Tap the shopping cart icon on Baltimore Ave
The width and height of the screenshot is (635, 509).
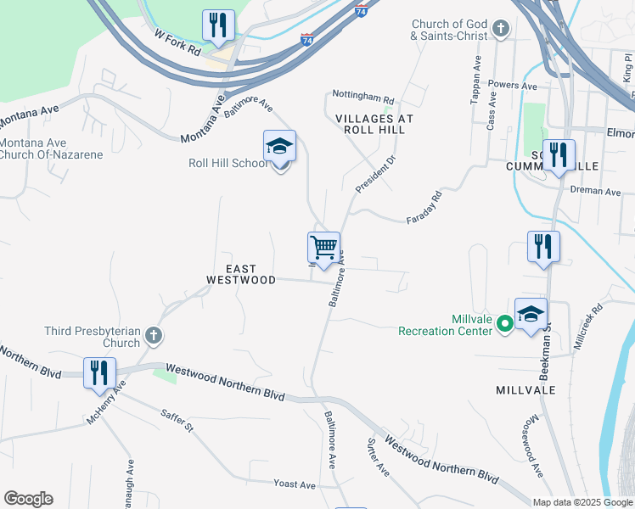point(323,248)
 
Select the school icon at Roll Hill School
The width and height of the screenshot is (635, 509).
point(279,147)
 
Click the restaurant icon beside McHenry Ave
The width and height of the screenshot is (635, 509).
point(99,372)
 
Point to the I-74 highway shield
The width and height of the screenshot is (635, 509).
point(362,11)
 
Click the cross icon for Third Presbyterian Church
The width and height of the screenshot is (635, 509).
point(154,336)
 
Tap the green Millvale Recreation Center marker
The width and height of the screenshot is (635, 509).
point(503,322)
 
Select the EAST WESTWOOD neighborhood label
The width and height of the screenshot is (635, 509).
point(242,272)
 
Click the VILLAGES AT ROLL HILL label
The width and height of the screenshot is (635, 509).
point(374,124)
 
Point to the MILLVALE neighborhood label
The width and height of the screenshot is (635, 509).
point(525,389)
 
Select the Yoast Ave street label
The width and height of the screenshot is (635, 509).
point(295,484)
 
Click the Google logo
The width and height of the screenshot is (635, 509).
point(28,499)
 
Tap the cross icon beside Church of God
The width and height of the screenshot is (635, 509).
point(501,30)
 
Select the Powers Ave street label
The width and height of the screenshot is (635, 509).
point(513,86)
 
